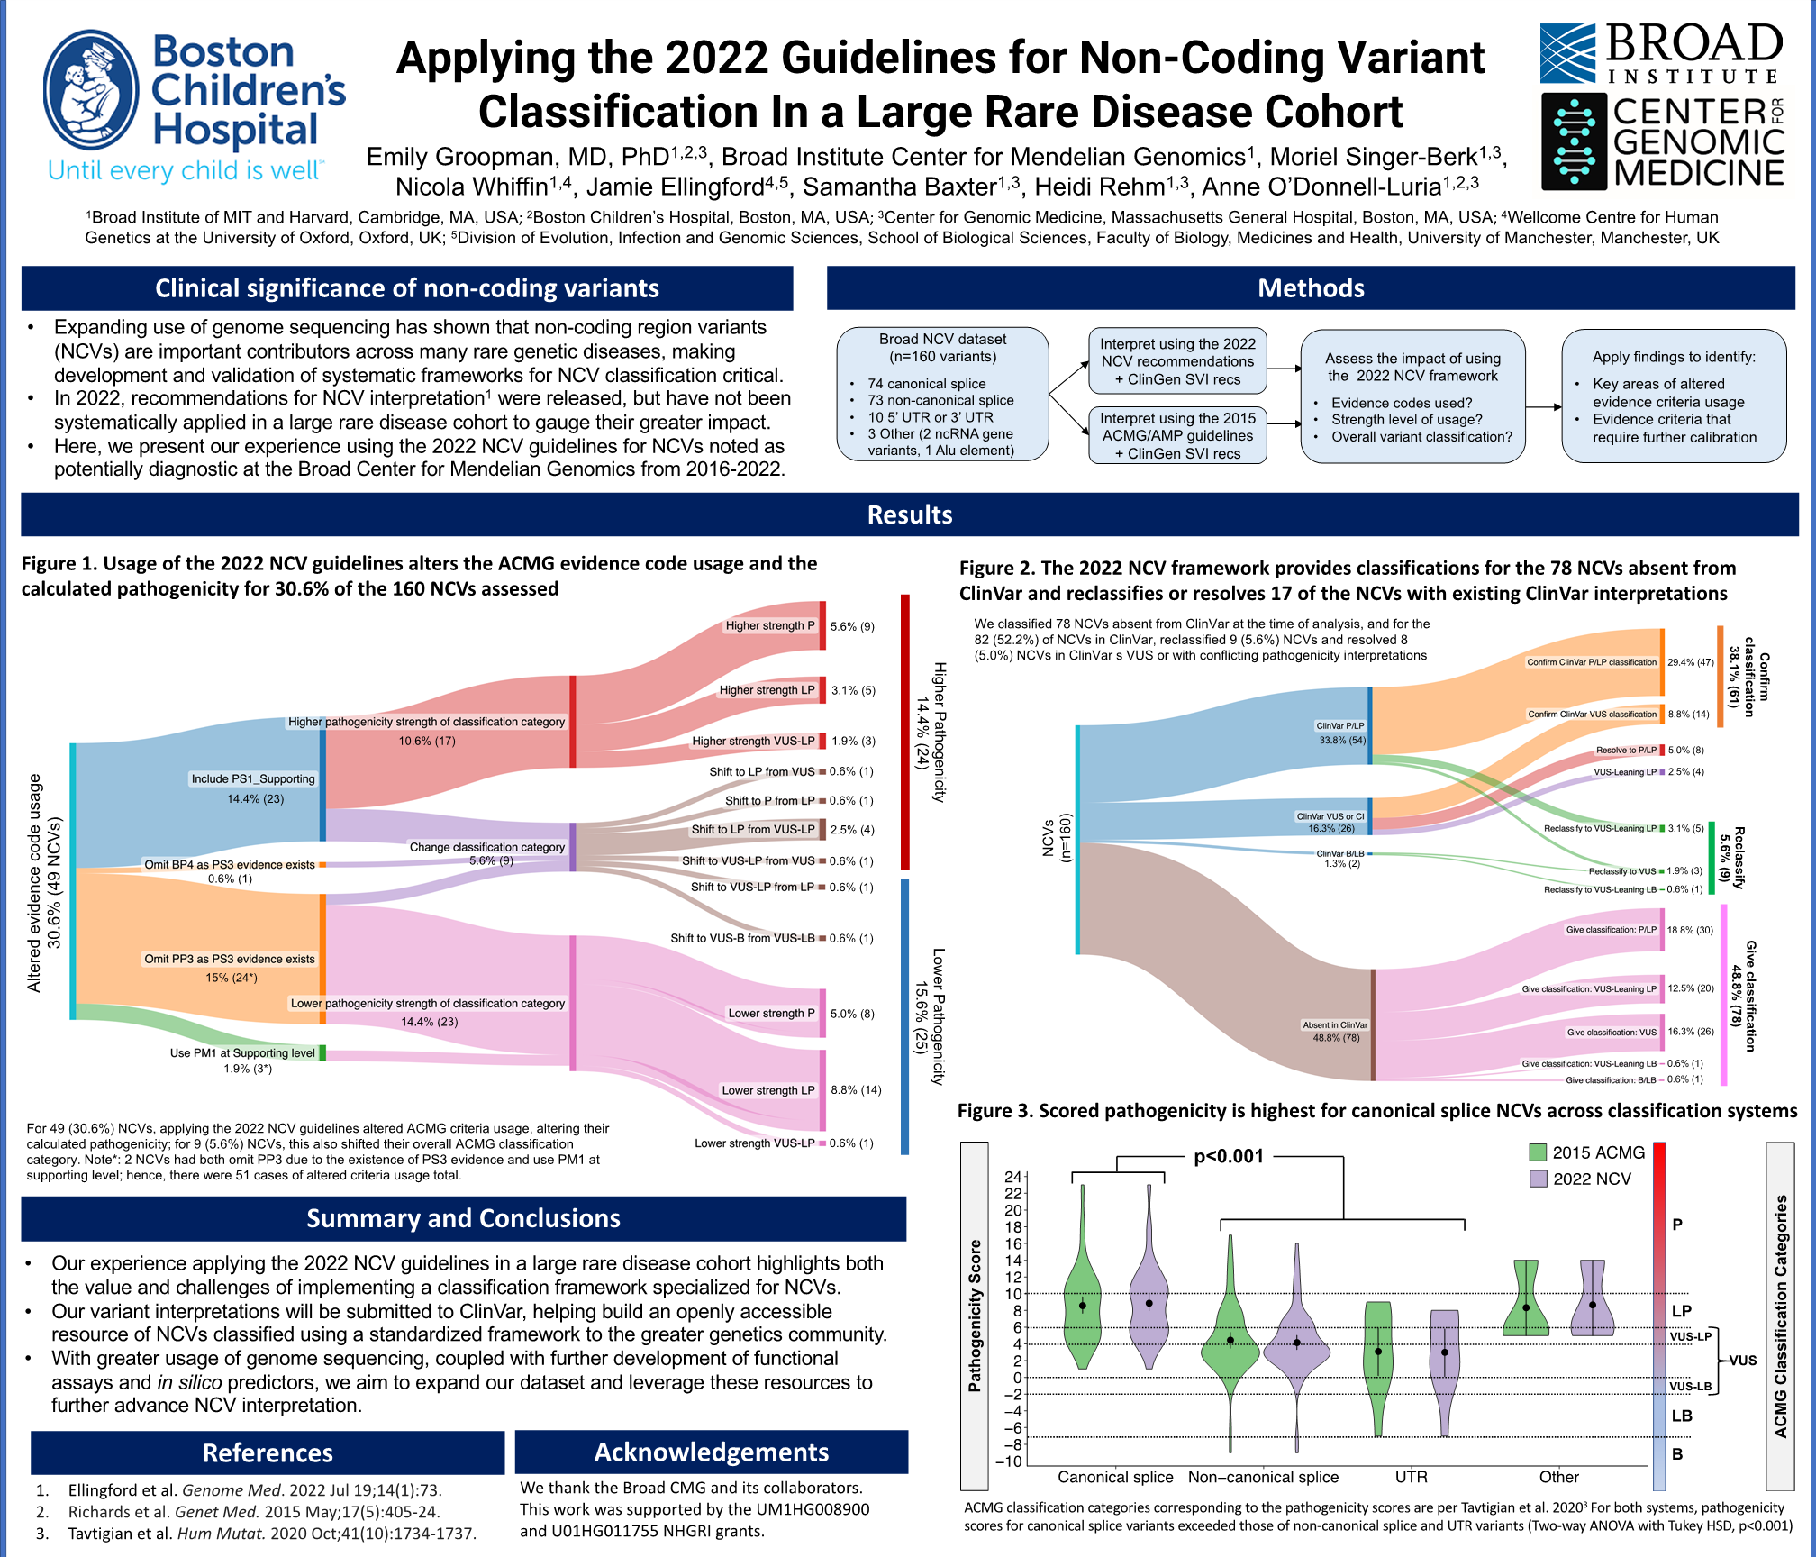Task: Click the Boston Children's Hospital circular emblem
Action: (91, 90)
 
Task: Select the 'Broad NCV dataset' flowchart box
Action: (942, 394)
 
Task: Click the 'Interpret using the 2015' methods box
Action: (1177, 435)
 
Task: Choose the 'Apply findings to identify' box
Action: (1674, 396)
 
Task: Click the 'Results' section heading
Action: (909, 514)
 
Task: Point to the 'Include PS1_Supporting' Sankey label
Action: (253, 779)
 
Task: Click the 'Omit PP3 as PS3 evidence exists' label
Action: (230, 959)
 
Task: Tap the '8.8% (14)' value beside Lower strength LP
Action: (856, 1090)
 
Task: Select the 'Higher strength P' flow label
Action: (770, 625)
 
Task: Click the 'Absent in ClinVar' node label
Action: (1335, 1025)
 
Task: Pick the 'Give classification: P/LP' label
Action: (1611, 930)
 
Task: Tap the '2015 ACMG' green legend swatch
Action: (1538, 1152)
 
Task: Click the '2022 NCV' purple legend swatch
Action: (1538, 1179)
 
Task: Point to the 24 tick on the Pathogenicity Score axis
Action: (1013, 1177)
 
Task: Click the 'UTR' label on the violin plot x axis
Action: (1411, 1477)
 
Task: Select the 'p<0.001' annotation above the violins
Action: (1228, 1156)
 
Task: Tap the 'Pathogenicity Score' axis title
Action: (974, 1316)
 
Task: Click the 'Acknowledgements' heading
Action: (711, 1452)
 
